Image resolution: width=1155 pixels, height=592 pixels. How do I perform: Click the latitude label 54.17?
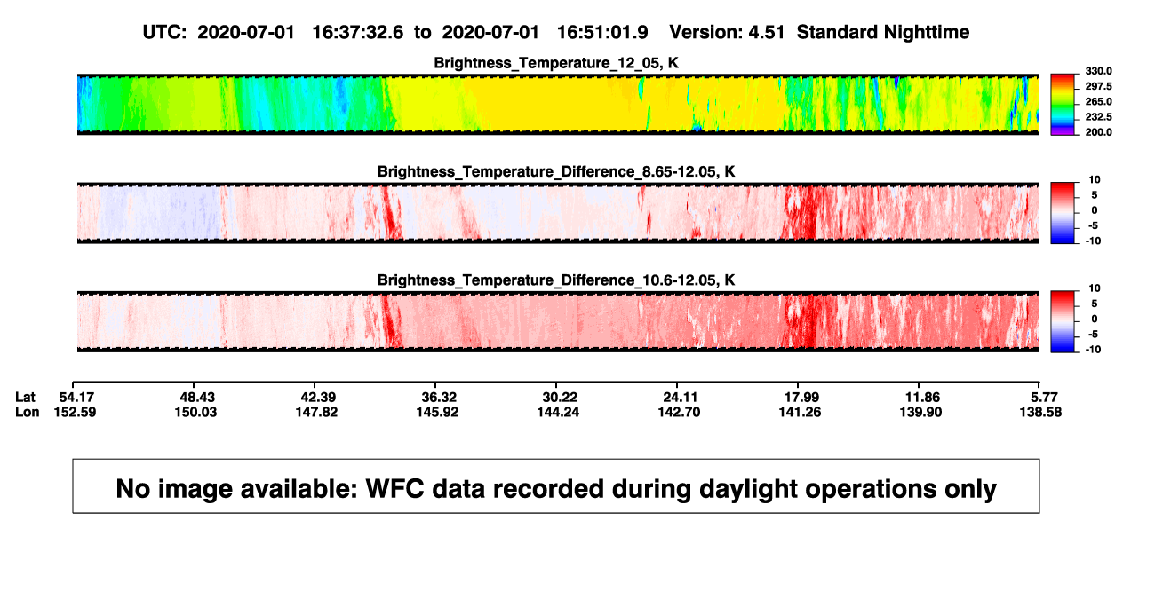tap(76, 398)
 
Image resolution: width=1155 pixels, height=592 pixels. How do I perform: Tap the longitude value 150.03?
tap(195, 412)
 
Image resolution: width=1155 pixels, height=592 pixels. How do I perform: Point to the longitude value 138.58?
tap(1040, 412)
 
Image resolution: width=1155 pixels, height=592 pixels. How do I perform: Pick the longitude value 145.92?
tap(437, 412)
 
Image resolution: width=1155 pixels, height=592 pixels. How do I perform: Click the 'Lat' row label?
tap(25, 398)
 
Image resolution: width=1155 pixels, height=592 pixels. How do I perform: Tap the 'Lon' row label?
tap(27, 412)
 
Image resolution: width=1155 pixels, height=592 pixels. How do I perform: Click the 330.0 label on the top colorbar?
tap(1098, 71)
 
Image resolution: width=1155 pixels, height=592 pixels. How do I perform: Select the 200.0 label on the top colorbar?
tap(1098, 132)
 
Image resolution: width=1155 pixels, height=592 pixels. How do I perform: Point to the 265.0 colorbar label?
tap(1098, 101)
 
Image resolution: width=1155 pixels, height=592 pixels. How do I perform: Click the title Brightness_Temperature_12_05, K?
tap(556, 63)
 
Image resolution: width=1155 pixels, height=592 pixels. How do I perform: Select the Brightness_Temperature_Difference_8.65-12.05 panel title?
tap(556, 171)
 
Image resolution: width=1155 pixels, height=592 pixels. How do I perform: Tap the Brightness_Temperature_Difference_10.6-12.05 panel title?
tap(556, 280)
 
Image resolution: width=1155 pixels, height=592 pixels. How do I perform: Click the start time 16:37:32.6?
tap(358, 32)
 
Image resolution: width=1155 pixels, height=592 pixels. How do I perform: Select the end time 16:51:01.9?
tap(602, 32)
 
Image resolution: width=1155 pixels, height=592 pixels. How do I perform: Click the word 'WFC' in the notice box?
tap(394, 488)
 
